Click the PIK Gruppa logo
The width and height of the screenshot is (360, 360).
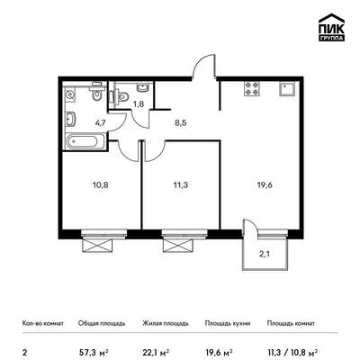tap(331, 28)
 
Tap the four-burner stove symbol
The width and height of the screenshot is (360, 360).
tap(251, 89)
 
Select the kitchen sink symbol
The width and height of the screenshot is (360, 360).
tap(287, 89)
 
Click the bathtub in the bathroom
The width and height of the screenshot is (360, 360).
tap(85, 141)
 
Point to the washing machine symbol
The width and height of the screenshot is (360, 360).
tap(71, 94)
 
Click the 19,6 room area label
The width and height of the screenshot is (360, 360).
tap(265, 185)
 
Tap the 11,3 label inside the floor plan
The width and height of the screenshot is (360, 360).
tap(181, 185)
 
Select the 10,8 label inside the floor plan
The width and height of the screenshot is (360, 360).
tap(101, 185)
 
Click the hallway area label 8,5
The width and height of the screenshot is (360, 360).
tap(181, 122)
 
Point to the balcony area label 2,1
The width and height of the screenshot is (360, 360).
tap(265, 255)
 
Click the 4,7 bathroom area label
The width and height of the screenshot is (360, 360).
tap(100, 122)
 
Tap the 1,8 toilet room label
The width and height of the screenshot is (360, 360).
tap(139, 104)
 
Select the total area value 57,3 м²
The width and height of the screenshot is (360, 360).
tap(94, 351)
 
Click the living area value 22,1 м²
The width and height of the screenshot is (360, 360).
tap(156, 351)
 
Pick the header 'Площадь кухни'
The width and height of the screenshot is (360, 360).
tap(228, 323)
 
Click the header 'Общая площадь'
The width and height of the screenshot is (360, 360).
tap(102, 323)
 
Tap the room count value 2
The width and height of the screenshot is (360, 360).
tap(24, 351)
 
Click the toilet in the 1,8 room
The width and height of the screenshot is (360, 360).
tap(122, 96)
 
